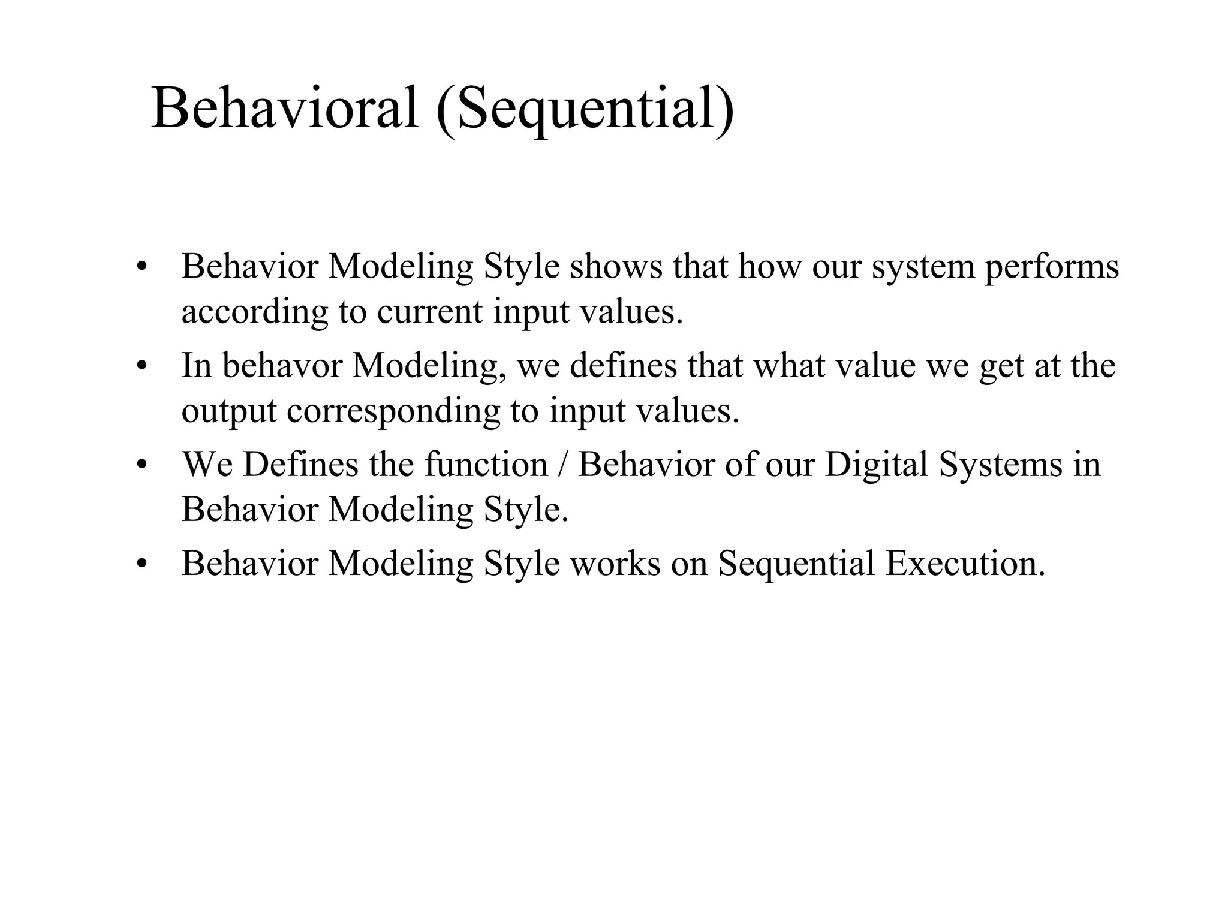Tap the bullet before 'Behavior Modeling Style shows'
pos(142,266)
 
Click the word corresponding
pos(393,412)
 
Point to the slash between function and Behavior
pos(562,465)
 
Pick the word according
pos(255,313)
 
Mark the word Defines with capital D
pos(300,465)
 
